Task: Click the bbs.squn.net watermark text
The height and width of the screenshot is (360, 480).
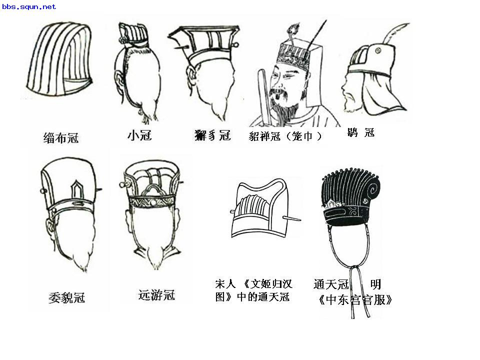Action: (x=29, y=7)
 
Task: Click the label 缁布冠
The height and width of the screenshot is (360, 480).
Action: (x=60, y=137)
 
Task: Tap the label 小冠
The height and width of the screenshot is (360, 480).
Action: (x=139, y=135)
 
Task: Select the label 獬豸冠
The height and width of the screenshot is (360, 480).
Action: (x=212, y=135)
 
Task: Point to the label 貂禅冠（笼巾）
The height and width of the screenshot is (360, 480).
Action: (x=285, y=136)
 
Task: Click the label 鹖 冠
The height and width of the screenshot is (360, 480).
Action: (x=360, y=133)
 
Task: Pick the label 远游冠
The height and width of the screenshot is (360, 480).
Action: (x=156, y=295)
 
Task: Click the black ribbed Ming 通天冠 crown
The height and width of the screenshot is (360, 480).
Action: (x=353, y=195)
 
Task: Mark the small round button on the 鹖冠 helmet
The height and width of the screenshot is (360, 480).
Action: (x=377, y=51)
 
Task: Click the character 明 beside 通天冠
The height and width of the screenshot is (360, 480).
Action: (x=375, y=284)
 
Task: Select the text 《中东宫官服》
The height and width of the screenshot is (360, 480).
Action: (x=354, y=300)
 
